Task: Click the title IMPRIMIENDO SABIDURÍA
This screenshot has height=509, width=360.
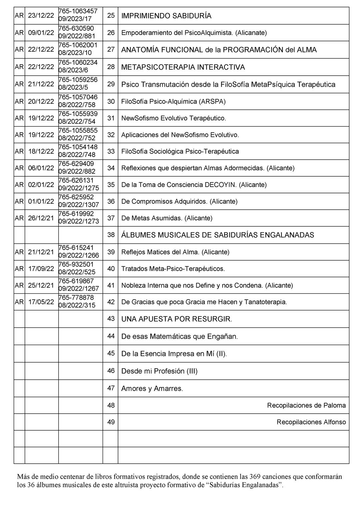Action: pyautogui.click(x=166, y=16)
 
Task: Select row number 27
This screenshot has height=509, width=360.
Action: pyautogui.click(x=111, y=49)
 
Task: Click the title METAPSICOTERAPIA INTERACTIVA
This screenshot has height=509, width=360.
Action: pyautogui.click(x=183, y=67)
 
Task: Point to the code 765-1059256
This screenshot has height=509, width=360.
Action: pyautogui.click(x=78, y=80)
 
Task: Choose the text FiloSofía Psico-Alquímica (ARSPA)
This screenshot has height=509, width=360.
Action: pyautogui.click(x=173, y=101)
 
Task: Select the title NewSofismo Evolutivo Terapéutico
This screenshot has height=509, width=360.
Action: pyautogui.click(x=174, y=118)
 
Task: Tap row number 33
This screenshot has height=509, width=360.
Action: pyautogui.click(x=111, y=151)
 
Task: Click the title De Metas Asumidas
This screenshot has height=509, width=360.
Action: pyautogui.click(x=167, y=218)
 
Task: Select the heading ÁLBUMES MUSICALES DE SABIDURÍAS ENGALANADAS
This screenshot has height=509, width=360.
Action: pyautogui.click(x=218, y=235)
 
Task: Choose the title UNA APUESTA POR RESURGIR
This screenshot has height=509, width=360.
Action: pyautogui.click(x=177, y=319)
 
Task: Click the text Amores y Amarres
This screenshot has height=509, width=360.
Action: pyautogui.click(x=152, y=388)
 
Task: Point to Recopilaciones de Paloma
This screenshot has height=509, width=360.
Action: pyautogui.click(x=306, y=405)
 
